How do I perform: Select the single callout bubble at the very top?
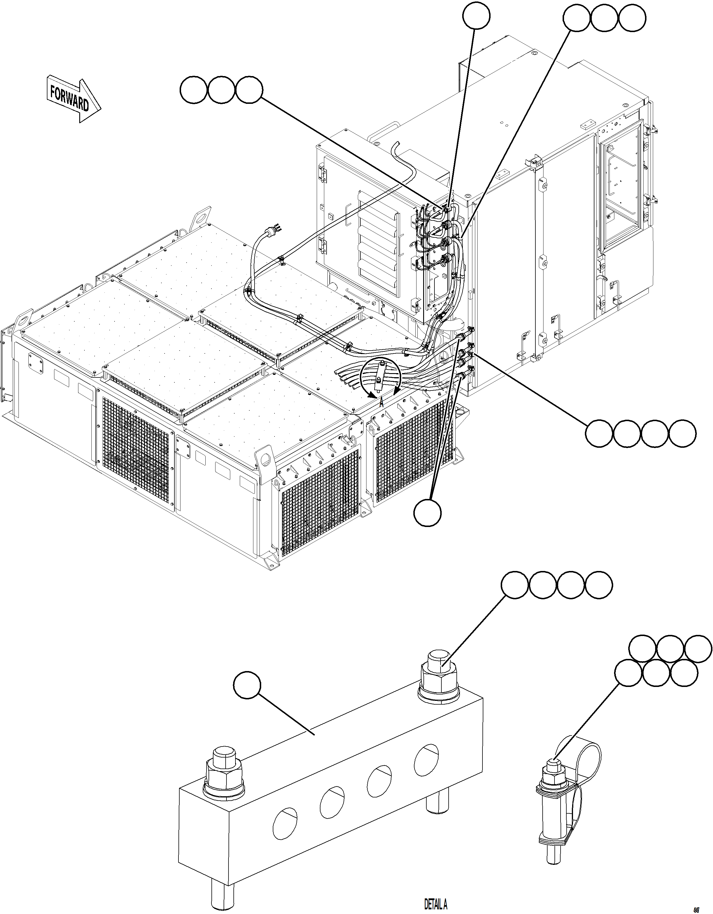point(476,16)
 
